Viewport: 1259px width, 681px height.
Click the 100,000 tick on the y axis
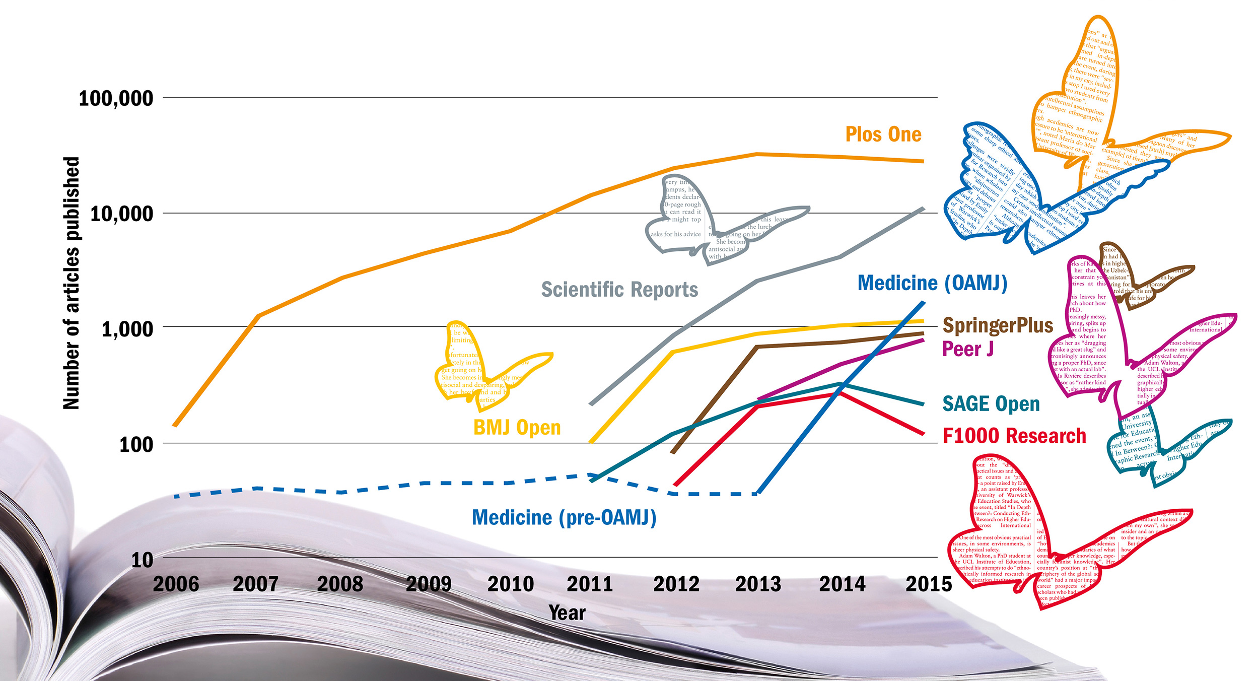116,98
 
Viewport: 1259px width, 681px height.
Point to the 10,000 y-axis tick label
121,214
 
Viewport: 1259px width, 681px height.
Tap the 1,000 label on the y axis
127,329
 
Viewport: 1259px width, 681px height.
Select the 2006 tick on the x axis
176,584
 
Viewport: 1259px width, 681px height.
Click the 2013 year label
758,584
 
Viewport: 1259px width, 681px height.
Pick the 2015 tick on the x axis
929,584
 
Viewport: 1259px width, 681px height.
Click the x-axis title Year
567,613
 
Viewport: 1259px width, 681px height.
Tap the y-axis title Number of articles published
72,283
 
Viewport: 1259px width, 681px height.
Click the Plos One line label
883,134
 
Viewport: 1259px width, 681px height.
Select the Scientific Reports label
619,290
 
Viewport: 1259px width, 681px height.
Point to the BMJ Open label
517,428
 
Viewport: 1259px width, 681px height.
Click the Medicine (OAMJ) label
932,283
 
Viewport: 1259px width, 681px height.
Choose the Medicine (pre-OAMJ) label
564,518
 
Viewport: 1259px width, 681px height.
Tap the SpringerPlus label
998,325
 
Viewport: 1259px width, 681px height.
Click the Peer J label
967,349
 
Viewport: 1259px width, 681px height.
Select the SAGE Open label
991,404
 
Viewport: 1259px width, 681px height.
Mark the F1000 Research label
1014,436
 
